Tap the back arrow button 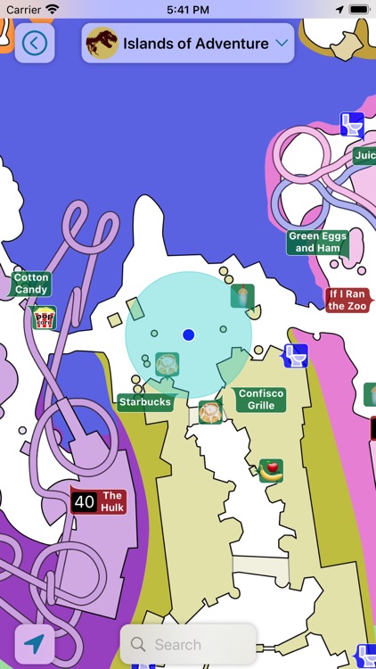click(x=35, y=43)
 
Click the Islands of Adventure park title click(x=195, y=43)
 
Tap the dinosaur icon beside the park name click(x=102, y=43)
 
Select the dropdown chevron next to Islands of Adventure click(x=282, y=43)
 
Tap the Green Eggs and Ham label click(x=316, y=242)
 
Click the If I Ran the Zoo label click(x=347, y=300)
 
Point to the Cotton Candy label click(x=31, y=284)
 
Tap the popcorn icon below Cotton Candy click(x=44, y=318)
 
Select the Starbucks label click(x=144, y=402)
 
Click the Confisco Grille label click(x=261, y=400)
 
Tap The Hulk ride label click(x=112, y=501)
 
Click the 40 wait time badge click(x=85, y=502)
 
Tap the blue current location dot click(x=188, y=334)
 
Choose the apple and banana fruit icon click(x=271, y=470)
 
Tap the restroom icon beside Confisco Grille click(x=295, y=355)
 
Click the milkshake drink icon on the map click(x=242, y=295)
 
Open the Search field click(x=188, y=644)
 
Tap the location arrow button click(x=34, y=644)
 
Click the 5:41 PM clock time click(x=188, y=8)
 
